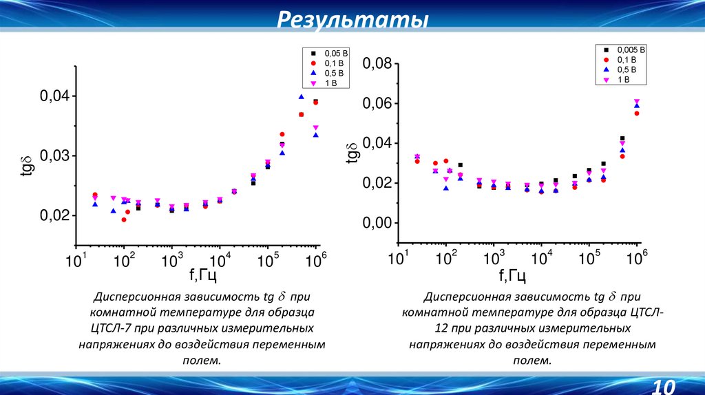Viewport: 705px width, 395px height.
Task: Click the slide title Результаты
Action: click(352, 20)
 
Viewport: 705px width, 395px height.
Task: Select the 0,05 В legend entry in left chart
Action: click(327, 53)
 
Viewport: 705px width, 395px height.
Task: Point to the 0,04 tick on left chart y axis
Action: click(53, 96)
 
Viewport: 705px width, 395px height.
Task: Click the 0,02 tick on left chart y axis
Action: click(53, 216)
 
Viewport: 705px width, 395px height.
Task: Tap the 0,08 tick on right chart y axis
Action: click(377, 64)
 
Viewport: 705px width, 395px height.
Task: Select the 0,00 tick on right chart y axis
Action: click(377, 223)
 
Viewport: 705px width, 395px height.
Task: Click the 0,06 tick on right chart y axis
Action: click(377, 104)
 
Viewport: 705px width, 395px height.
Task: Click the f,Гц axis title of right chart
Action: click(512, 276)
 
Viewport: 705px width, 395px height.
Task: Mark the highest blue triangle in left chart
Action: click(301, 97)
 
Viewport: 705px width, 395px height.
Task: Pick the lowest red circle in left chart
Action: click(124, 220)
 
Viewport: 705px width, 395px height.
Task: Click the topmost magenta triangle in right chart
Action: click(637, 102)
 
